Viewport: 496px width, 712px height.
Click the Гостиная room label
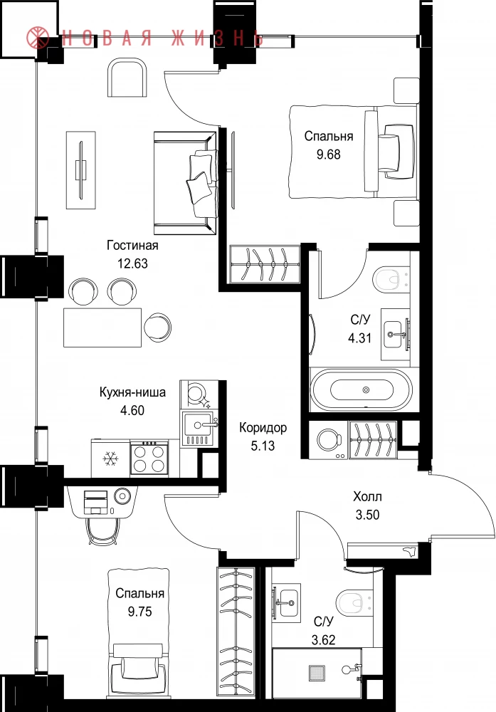(132, 246)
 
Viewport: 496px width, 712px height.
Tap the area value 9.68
(329, 155)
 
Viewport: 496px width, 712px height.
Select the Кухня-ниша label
(132, 392)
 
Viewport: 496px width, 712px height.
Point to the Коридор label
(263, 428)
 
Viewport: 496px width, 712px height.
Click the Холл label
(368, 496)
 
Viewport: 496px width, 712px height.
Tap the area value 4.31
(360, 337)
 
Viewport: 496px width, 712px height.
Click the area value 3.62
(324, 640)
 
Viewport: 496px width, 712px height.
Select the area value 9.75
(139, 612)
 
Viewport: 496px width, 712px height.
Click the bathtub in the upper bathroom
(362, 390)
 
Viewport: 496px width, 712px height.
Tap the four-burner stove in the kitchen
(149, 459)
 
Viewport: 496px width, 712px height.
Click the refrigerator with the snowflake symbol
(110, 458)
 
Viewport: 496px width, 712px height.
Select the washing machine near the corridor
(328, 439)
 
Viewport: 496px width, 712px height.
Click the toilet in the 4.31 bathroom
(386, 279)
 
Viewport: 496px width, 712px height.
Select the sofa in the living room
(185, 183)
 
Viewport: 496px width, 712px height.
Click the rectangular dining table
(102, 328)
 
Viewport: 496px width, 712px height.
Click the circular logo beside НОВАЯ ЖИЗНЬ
(38, 37)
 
